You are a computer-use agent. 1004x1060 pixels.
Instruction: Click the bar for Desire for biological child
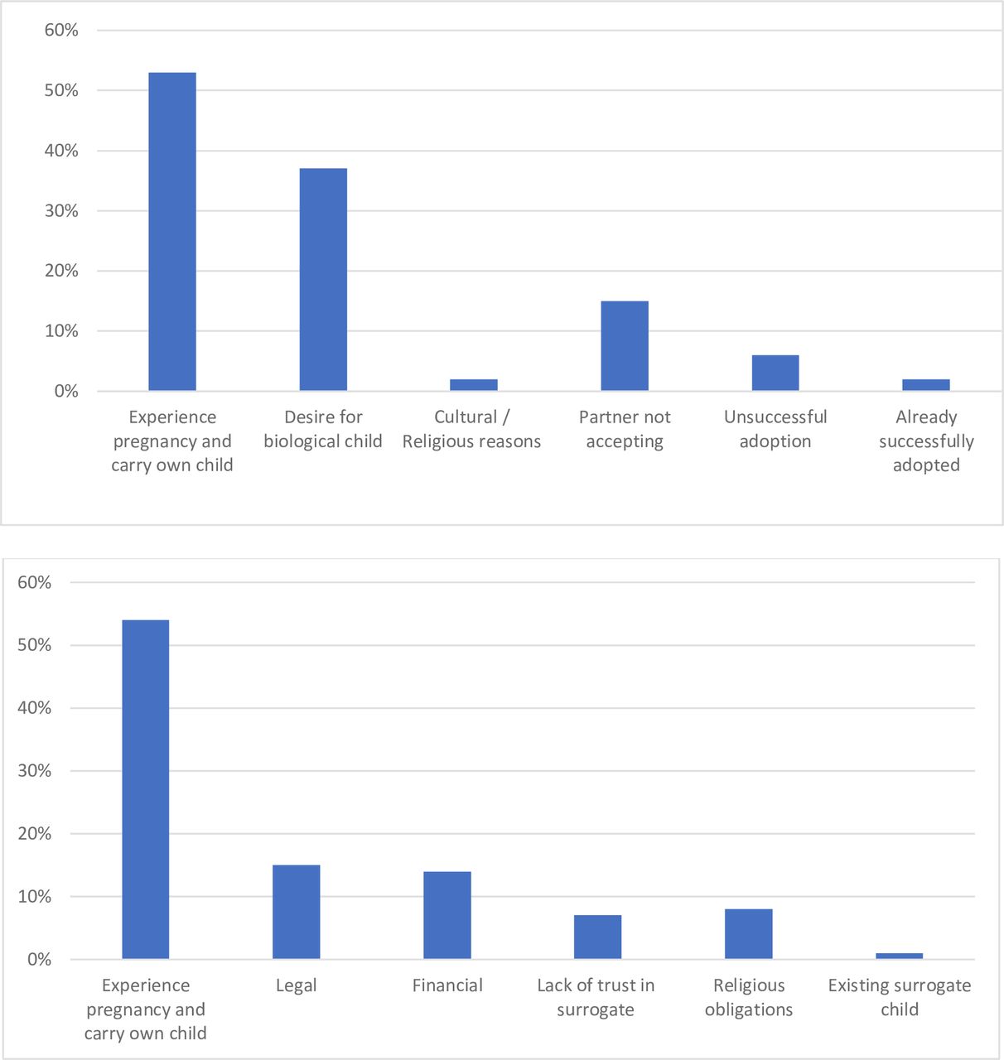click(323, 279)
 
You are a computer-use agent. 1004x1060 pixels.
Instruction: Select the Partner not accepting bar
click(625, 345)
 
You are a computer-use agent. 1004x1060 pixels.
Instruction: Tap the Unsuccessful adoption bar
click(775, 373)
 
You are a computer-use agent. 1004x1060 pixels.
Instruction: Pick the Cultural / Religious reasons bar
click(474, 384)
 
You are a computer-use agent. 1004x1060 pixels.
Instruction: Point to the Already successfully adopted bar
click(926, 384)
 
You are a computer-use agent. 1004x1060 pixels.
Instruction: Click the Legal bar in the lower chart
click(297, 912)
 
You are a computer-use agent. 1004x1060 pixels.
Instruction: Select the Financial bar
click(447, 915)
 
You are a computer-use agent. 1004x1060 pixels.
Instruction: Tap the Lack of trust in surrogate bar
click(598, 937)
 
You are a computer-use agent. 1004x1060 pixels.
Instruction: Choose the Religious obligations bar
click(748, 934)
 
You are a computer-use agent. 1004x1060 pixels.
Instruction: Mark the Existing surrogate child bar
click(900, 956)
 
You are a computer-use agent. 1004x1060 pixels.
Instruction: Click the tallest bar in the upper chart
click(172, 231)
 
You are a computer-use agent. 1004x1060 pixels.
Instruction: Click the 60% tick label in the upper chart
click(61, 30)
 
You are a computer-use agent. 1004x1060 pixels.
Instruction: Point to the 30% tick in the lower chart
click(35, 770)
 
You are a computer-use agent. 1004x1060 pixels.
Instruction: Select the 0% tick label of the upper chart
click(66, 391)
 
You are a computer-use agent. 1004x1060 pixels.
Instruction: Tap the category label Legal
click(297, 985)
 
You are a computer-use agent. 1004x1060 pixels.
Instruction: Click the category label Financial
click(447, 985)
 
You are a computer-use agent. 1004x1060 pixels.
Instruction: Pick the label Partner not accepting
click(625, 429)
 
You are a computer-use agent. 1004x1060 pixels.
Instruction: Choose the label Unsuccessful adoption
click(775, 429)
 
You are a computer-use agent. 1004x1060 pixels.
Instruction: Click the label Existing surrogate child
click(900, 997)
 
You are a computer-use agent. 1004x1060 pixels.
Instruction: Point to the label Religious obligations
click(749, 997)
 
